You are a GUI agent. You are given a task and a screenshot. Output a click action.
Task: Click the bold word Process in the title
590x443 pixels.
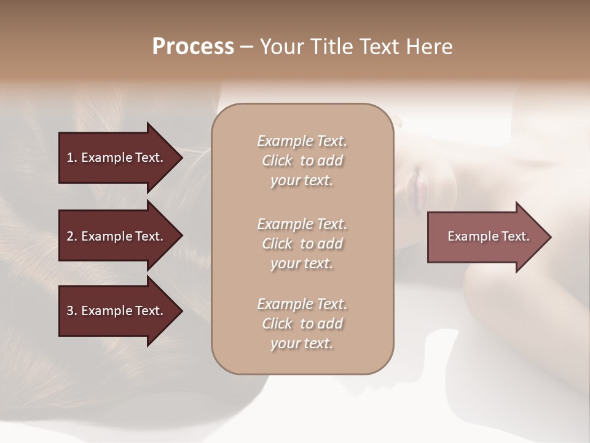193,47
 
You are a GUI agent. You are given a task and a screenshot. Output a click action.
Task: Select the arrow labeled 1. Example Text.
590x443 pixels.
117,158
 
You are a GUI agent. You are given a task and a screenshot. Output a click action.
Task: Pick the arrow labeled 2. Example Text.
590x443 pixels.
117,236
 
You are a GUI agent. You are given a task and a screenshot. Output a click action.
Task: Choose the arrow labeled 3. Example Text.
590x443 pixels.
117,311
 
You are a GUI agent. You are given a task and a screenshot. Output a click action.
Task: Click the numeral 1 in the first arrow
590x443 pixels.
70,158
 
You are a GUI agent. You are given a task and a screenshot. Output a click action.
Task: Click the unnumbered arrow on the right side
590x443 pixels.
486,236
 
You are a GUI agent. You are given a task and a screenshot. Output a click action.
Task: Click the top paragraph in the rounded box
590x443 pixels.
302,161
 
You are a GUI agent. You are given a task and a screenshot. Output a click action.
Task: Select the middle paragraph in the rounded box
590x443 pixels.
302,244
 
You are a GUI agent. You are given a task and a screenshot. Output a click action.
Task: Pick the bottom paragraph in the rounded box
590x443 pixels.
302,324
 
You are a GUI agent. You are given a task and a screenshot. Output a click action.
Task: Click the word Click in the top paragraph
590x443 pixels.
277,161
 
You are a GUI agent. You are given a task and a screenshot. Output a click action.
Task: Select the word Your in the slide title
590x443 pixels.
281,47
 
